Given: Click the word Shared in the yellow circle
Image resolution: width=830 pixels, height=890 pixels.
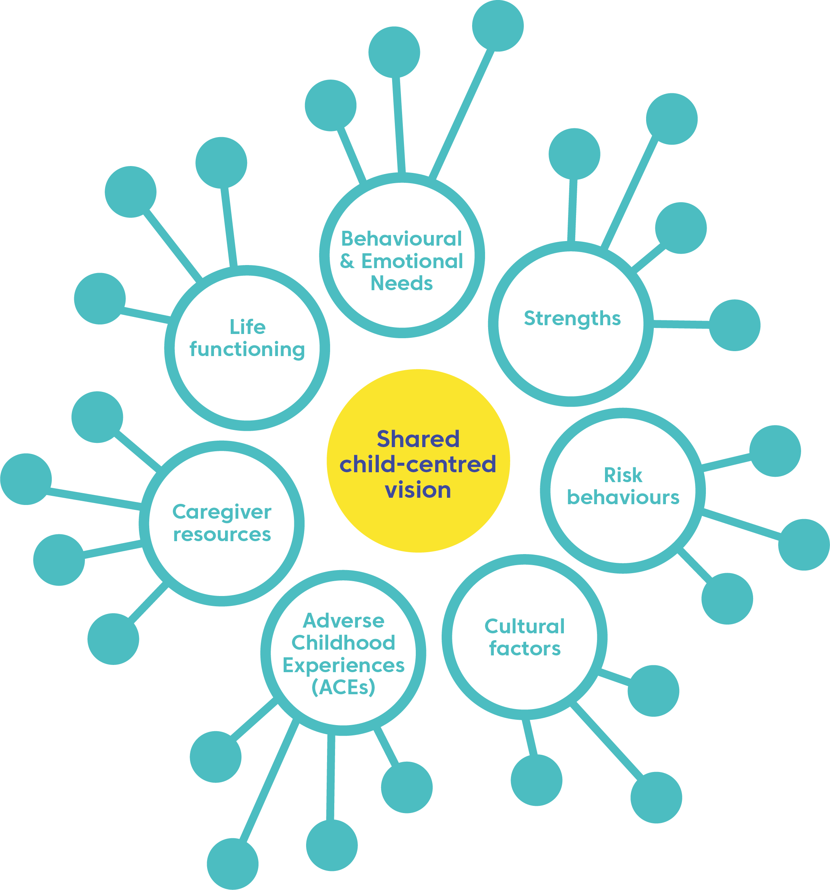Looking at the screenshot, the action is [x=418, y=439].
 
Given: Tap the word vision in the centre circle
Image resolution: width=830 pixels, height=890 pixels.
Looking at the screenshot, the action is [x=418, y=490].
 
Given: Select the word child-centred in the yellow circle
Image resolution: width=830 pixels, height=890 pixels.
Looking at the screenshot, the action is [x=418, y=464].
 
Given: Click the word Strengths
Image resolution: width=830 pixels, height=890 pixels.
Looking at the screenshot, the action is [x=572, y=319].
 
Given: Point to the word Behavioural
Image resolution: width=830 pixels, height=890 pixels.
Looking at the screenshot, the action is [x=401, y=239].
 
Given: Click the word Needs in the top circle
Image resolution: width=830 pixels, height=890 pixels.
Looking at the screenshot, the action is [x=402, y=283].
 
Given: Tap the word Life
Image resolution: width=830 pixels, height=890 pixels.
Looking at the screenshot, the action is [x=247, y=327].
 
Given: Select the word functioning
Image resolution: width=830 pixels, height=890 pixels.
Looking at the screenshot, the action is [x=247, y=350].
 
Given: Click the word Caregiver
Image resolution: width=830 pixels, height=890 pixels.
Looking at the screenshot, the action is [x=222, y=512].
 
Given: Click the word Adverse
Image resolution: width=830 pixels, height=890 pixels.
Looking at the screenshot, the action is [x=343, y=621].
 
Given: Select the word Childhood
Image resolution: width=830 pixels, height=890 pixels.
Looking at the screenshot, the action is [x=343, y=643].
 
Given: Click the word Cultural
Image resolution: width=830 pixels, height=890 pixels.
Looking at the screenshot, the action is [x=524, y=626].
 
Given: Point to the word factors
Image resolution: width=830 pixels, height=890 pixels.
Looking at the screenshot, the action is [x=525, y=649].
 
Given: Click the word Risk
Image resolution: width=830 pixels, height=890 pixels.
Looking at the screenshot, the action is [x=623, y=475].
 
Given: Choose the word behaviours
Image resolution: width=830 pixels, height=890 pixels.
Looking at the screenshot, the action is [x=623, y=497].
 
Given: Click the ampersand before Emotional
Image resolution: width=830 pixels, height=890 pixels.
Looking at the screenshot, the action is [x=347, y=262].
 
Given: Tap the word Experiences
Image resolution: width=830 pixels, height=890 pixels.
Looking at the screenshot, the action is [x=343, y=666].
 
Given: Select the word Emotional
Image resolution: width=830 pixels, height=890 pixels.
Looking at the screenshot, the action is [x=412, y=262].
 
